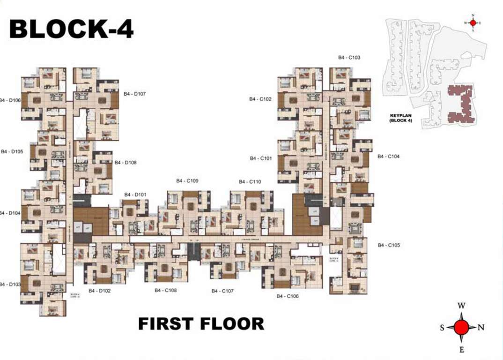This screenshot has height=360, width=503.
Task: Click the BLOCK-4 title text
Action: pyautogui.click(x=72, y=29)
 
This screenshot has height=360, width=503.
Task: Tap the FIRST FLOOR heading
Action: pyautogui.click(x=201, y=324)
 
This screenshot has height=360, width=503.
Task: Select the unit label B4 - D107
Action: pyautogui.click(x=135, y=94)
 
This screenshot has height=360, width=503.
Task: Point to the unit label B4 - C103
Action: pyautogui.click(x=349, y=58)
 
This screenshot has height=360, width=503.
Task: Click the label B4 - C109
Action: pyautogui.click(x=187, y=181)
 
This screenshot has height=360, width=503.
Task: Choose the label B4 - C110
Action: pyautogui.click(x=250, y=182)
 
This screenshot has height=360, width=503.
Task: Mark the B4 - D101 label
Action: pyautogui.click(x=135, y=195)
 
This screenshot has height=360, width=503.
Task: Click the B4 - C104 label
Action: pyautogui.click(x=389, y=157)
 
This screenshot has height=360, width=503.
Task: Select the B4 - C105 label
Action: pyautogui.click(x=389, y=245)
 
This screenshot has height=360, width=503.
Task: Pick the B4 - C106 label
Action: pyautogui.click(x=288, y=296)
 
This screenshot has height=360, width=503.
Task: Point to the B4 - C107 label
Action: pyautogui.click(x=222, y=291)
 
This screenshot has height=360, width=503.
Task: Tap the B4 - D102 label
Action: pyautogui.click(x=99, y=291)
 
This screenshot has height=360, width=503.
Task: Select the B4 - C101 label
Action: pyautogui.click(x=260, y=158)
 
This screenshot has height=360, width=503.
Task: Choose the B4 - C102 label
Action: pyautogui.click(x=260, y=99)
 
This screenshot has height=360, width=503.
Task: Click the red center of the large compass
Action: pyautogui.click(x=461, y=327)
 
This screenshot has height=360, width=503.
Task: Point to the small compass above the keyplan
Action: pyautogui.click(x=473, y=22)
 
